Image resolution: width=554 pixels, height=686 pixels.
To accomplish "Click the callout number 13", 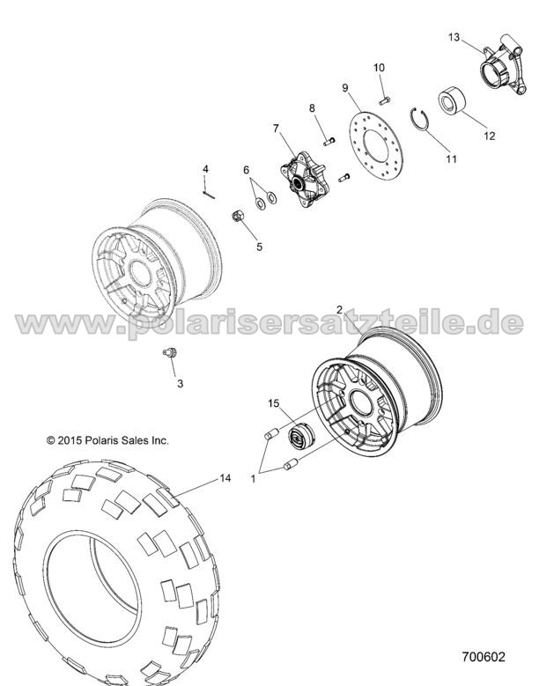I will (454, 37).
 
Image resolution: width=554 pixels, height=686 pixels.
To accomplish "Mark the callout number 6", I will (246, 169).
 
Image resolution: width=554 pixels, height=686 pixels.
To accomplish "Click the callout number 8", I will (312, 108).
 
